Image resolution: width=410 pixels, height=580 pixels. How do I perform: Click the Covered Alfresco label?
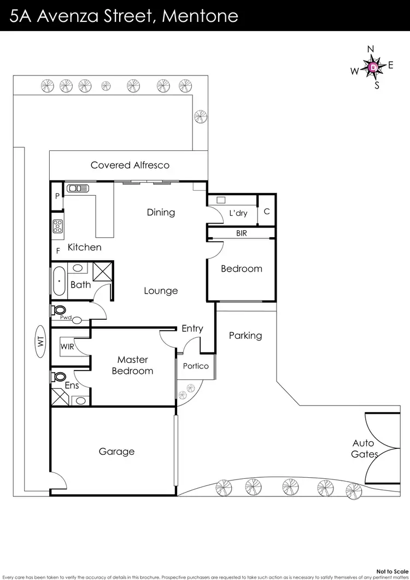130,165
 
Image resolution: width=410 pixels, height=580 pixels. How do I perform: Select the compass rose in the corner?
372,67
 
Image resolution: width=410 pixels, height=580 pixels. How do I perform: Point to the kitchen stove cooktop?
57,226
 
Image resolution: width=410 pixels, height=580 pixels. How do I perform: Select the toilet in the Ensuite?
58,377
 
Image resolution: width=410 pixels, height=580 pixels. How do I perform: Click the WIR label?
67,345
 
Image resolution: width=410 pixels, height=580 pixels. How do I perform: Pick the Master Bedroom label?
132,365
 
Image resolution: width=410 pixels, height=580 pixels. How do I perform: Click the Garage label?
116,452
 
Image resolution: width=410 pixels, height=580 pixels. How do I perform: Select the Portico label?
196,366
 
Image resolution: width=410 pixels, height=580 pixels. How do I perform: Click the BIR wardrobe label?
242,233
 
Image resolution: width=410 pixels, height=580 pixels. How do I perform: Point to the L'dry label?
238,213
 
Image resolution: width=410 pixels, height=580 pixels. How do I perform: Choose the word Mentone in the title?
201,15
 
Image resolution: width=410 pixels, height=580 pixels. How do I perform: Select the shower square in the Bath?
102,271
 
